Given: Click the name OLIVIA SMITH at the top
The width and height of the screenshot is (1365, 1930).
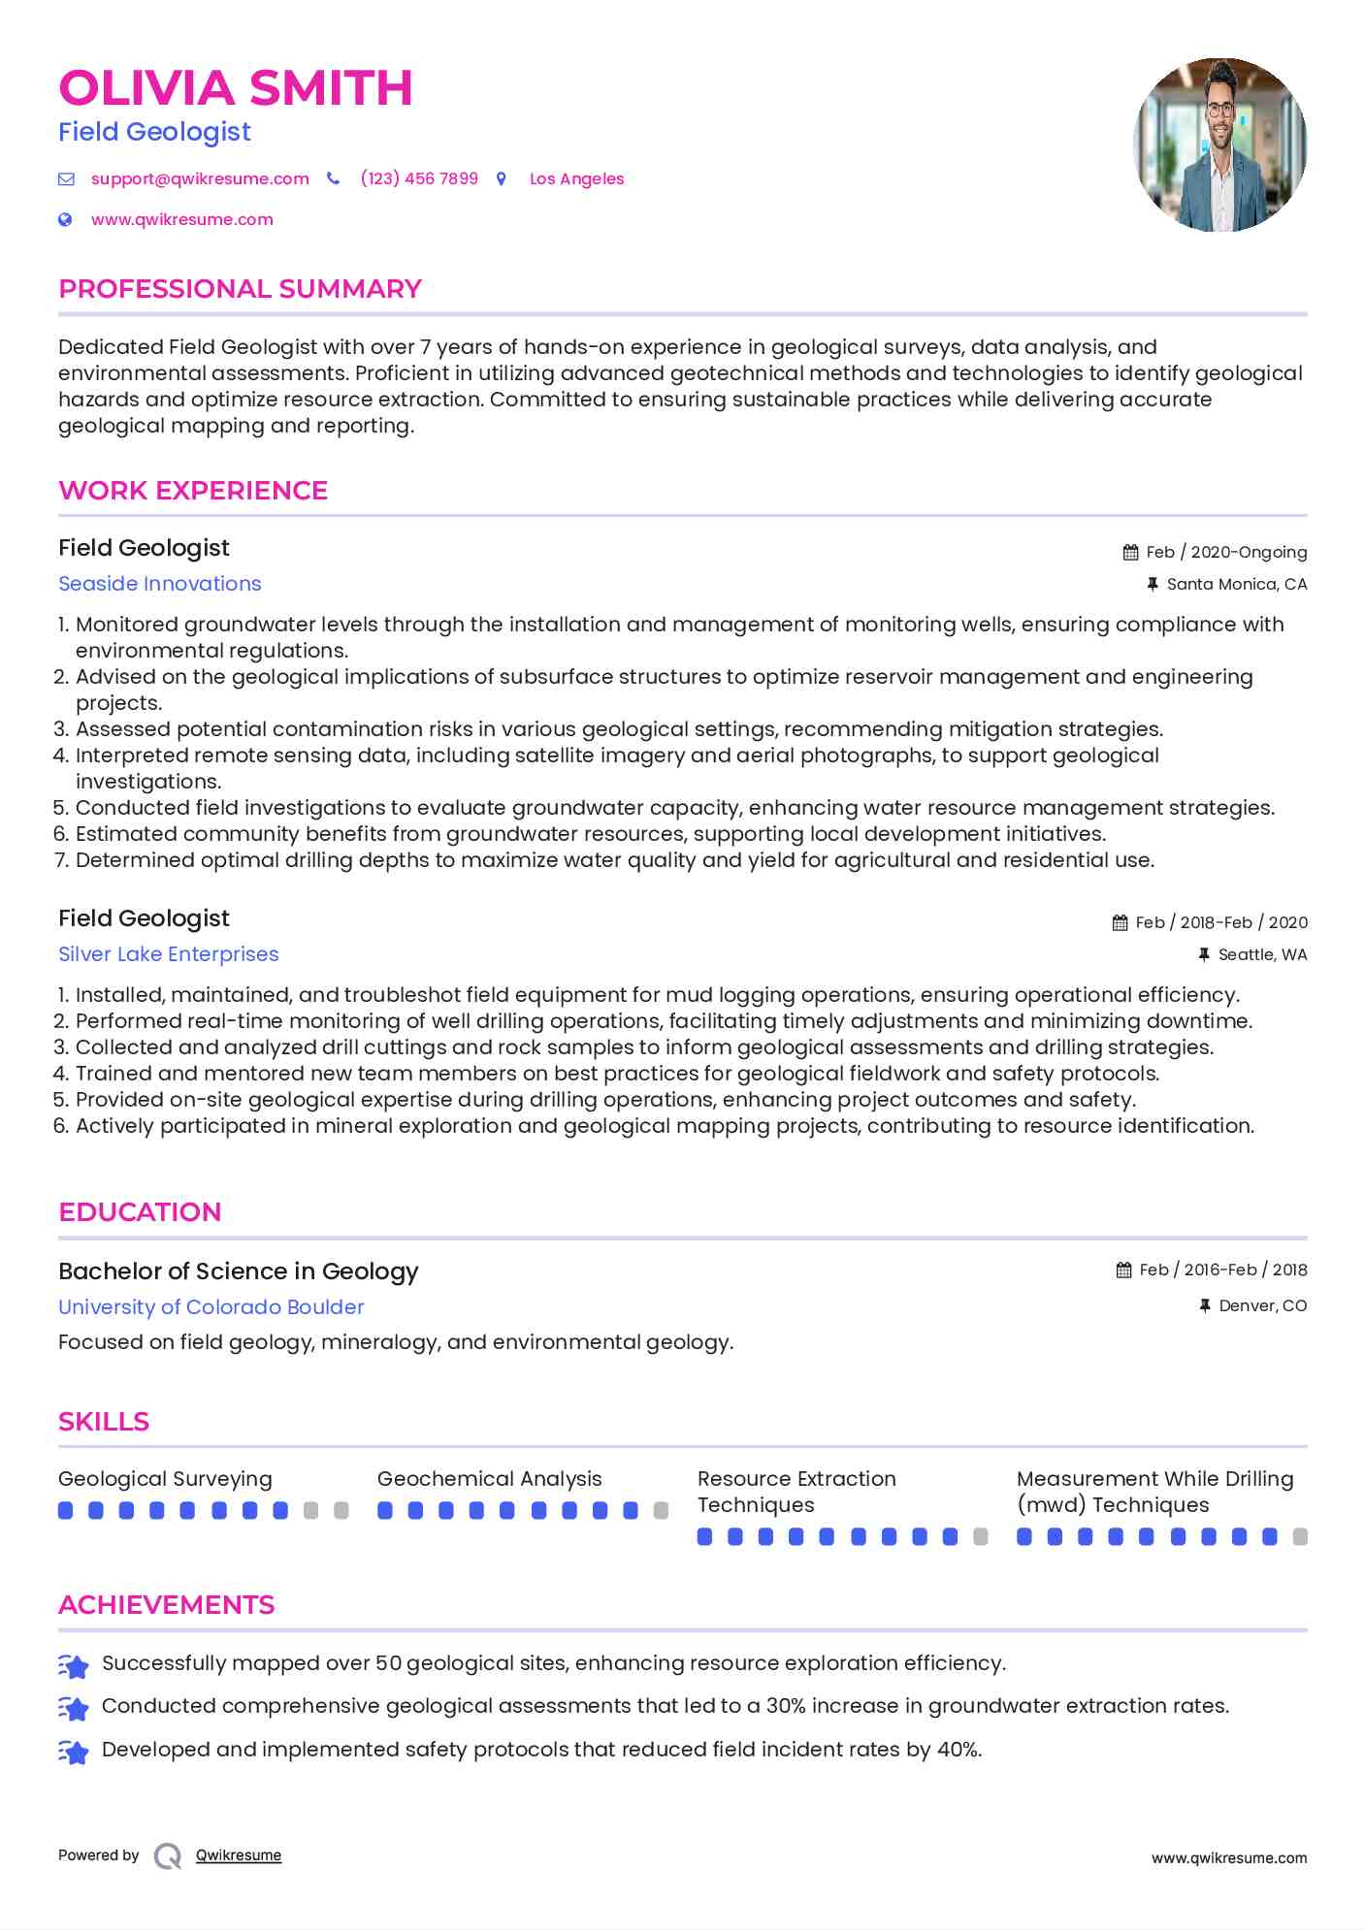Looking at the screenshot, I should pos(236,88).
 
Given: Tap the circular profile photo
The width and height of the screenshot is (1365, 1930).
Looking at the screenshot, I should pos(1219,145).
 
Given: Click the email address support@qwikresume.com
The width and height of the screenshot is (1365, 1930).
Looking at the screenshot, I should pos(200,178).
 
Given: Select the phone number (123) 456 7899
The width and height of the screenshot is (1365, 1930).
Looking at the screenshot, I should pos(419,178).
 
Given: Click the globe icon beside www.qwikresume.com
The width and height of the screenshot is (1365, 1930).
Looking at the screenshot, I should pos(65,219).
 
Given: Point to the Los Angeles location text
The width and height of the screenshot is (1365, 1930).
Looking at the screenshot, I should pos(576,178).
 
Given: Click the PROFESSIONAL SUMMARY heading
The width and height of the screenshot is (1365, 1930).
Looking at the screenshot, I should pos(240,289).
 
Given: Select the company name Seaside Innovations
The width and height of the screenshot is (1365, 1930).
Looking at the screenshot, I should pos(160,584).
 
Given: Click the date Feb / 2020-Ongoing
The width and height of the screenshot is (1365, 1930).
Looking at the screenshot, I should pos(1226,552).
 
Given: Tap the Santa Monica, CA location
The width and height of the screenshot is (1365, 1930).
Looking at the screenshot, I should pos(1236,584).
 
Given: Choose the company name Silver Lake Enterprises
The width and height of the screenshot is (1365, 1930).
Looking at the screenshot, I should pos(169,954).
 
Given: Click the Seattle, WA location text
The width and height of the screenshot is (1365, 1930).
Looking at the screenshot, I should pos(1262,954).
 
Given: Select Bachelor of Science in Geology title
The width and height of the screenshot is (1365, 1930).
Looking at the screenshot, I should pos(239,1271).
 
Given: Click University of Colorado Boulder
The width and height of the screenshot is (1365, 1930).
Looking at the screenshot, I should pos(211,1307).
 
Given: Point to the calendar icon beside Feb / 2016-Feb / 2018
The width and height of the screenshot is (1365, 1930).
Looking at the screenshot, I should pos(1123,1270).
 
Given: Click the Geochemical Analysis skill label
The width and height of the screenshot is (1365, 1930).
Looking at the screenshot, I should pos(489,1479).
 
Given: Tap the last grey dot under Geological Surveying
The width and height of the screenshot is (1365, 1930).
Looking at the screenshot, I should pos(341,1510).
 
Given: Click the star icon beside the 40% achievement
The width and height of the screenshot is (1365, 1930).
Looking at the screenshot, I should pos(74,1752).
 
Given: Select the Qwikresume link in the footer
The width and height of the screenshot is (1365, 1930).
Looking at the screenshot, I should pos(239,1855).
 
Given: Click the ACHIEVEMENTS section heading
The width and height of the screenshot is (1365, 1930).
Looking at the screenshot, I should pos(167,1605).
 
